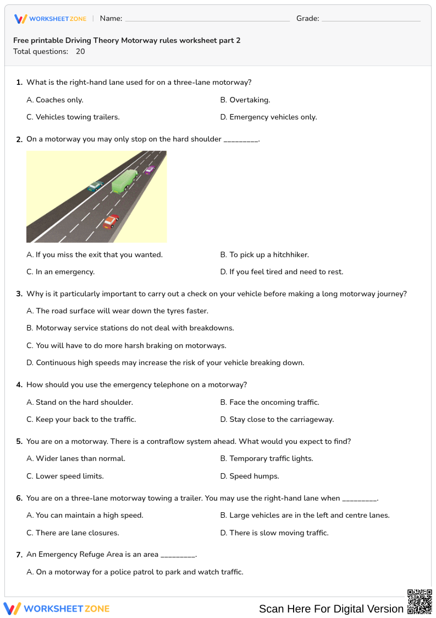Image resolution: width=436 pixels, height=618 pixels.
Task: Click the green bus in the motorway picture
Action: pyautogui.click(x=124, y=181)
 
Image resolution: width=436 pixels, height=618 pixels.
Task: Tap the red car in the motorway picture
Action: pyautogui.click(x=111, y=221)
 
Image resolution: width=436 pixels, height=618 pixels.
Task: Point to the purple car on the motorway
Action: pyautogui.click(x=149, y=170)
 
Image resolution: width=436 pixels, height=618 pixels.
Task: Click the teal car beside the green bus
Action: pyautogui.click(x=96, y=186)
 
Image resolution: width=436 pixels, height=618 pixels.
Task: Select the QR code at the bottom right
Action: pyautogui.click(x=419, y=601)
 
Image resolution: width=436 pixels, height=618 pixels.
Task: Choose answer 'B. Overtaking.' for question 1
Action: pyautogui.click(x=245, y=100)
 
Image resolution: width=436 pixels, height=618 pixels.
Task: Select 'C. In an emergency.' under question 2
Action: pyautogui.click(x=60, y=272)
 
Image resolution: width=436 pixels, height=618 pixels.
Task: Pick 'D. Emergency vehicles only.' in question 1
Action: pyautogui.click(x=268, y=117)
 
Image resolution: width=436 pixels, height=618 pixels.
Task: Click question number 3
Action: pyautogui.click(x=19, y=294)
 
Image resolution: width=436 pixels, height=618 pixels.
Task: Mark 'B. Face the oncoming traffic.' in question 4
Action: pyautogui.click(x=269, y=402)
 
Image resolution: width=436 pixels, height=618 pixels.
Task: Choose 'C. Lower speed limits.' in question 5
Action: pyautogui.click(x=65, y=476)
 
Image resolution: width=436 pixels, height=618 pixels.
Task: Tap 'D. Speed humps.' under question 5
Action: pyautogui.click(x=250, y=476)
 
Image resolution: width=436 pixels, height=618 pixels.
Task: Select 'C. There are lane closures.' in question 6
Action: pyautogui.click(x=73, y=533)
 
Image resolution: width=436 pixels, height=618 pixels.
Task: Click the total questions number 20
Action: pyautogui.click(x=80, y=51)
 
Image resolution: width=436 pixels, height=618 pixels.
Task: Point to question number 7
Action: pyautogui.click(x=19, y=555)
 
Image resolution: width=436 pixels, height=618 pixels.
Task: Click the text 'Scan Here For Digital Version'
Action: pyautogui.click(x=331, y=609)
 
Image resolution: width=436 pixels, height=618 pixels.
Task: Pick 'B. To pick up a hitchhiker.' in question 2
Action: pyautogui.click(x=264, y=254)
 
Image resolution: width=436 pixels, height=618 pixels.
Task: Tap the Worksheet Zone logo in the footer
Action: pyautogui.click(x=57, y=609)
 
